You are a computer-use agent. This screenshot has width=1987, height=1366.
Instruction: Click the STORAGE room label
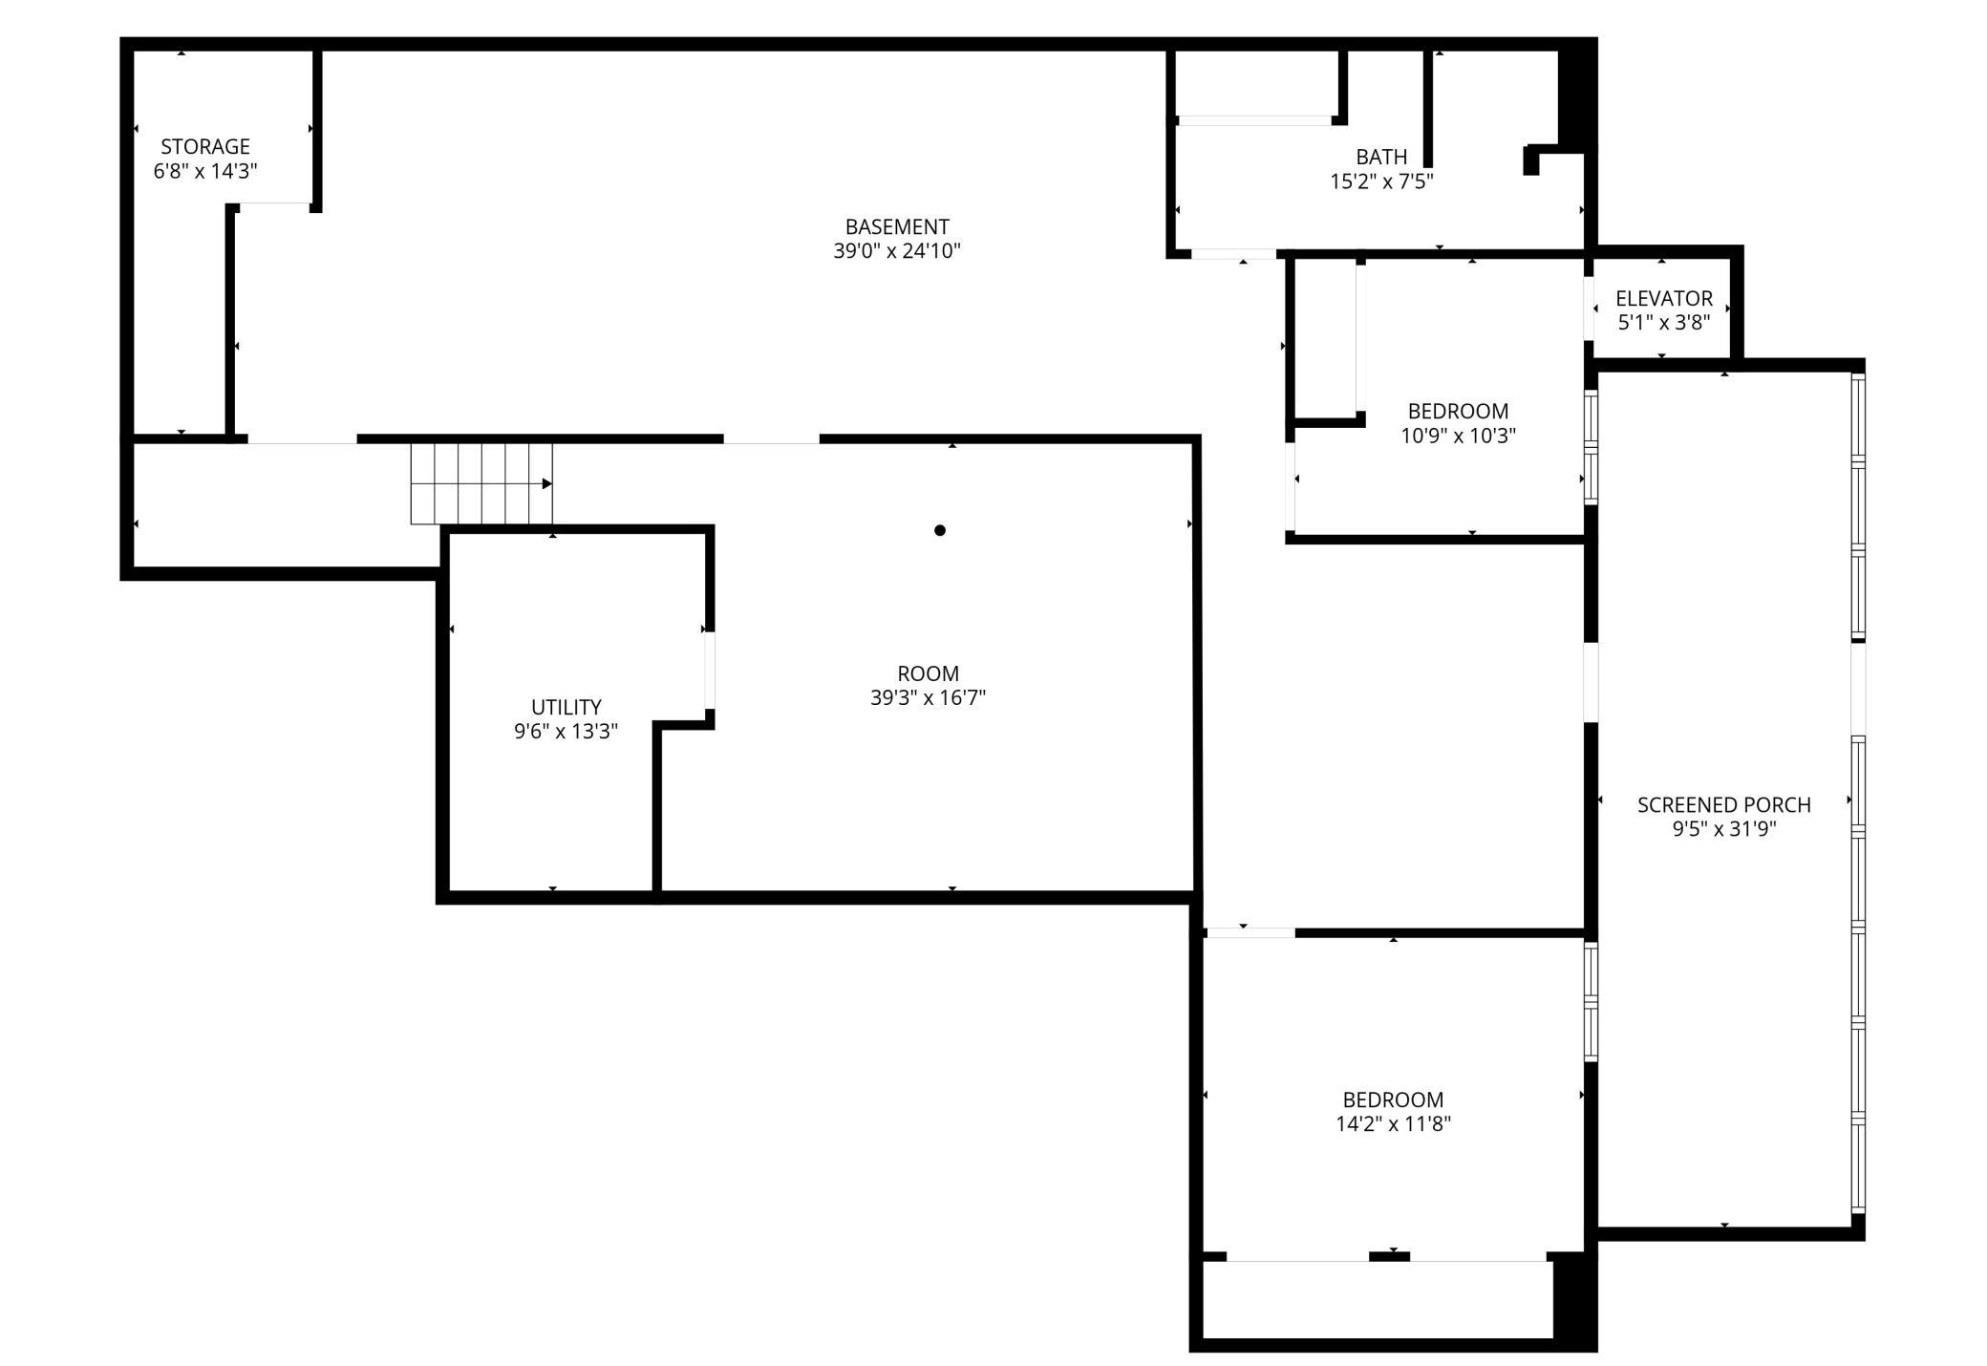click(204, 146)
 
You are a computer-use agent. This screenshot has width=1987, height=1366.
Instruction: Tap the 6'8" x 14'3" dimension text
click(204, 171)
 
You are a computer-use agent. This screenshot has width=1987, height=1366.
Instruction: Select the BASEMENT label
click(896, 226)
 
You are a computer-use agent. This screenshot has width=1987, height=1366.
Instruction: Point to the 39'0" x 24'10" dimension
click(896, 251)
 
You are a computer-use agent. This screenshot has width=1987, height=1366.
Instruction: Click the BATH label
click(1380, 157)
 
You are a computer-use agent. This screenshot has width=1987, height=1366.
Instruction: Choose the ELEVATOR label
click(1663, 298)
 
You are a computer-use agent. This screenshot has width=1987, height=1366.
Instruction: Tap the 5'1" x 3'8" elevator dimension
click(1663, 323)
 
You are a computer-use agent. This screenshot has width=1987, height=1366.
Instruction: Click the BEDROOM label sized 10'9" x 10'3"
click(1458, 411)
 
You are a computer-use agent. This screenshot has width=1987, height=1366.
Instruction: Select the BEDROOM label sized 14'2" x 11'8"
click(1393, 1099)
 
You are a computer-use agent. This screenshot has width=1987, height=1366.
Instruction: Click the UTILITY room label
click(566, 707)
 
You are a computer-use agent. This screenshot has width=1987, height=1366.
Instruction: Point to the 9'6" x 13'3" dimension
click(566, 732)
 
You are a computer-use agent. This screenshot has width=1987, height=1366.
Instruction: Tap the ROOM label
click(928, 673)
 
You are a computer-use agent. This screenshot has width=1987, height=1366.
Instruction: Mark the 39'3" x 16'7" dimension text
click(928, 698)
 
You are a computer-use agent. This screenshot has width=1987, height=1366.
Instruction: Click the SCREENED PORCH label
click(1723, 804)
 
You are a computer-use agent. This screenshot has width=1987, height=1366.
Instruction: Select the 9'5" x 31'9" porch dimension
click(1723, 829)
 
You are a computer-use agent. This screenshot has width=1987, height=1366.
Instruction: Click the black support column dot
click(940, 530)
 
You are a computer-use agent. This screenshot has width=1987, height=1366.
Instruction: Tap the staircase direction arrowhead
click(547, 484)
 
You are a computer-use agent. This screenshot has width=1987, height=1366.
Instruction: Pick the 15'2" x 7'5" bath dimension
click(1380, 181)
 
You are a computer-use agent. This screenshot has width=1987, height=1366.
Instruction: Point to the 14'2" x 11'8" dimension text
click(1393, 1124)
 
